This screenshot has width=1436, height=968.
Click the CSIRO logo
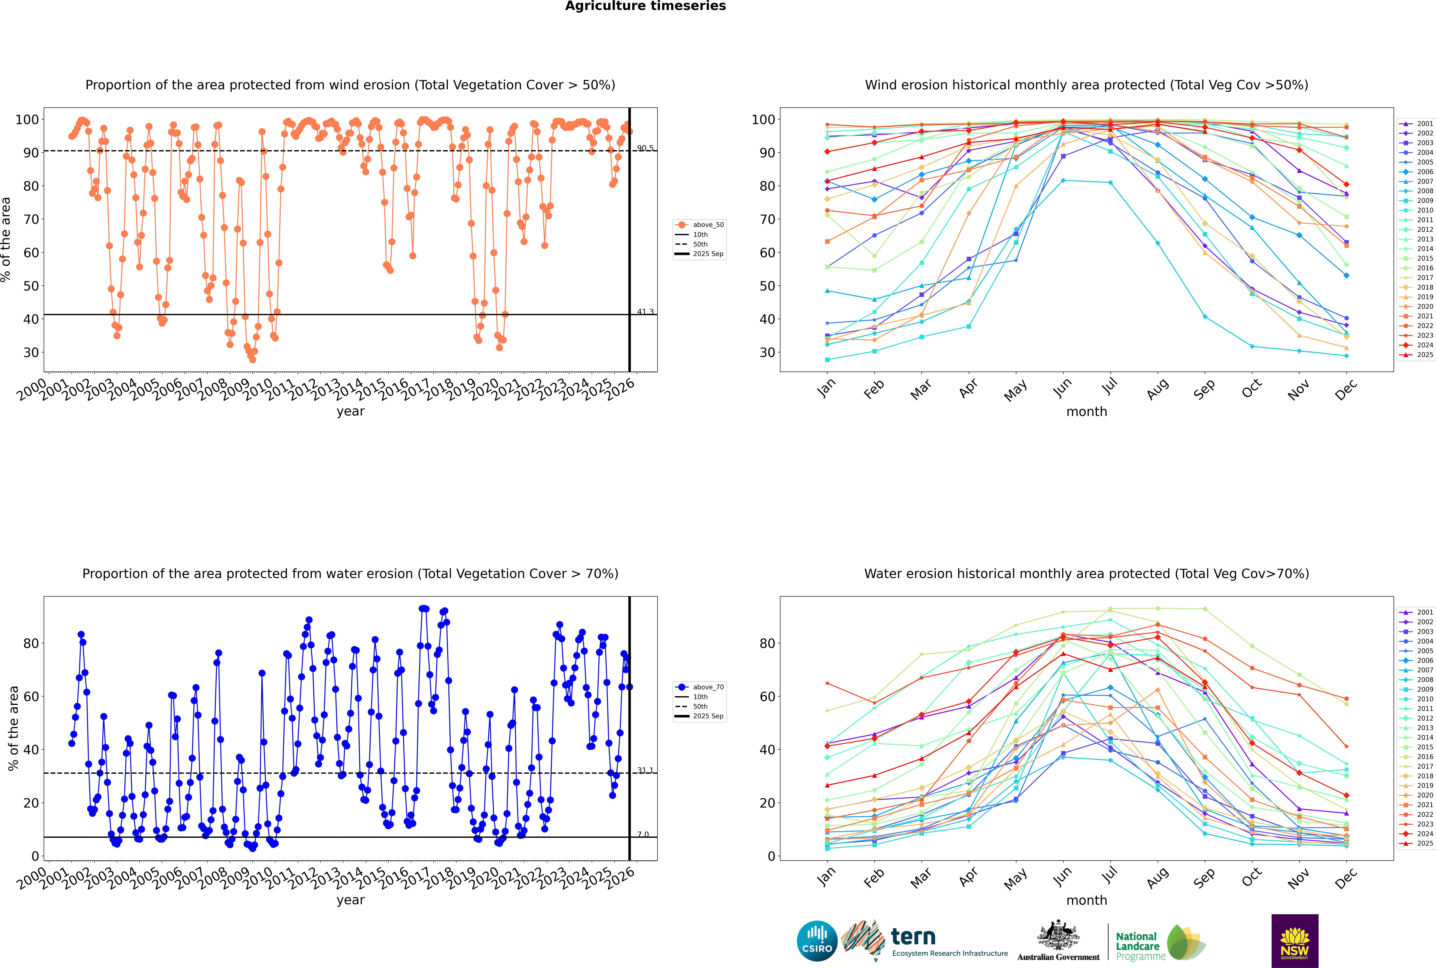coord(817,941)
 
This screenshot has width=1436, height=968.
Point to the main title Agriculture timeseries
coord(645,6)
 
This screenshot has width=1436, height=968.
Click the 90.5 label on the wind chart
coord(645,148)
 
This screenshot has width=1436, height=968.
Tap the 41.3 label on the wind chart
coord(645,312)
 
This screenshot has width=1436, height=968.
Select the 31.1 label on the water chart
coord(645,771)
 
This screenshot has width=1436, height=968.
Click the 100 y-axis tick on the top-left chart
coord(27,119)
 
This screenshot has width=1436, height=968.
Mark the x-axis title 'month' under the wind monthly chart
coord(1087,412)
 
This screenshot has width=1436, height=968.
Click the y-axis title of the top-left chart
coord(6,239)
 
